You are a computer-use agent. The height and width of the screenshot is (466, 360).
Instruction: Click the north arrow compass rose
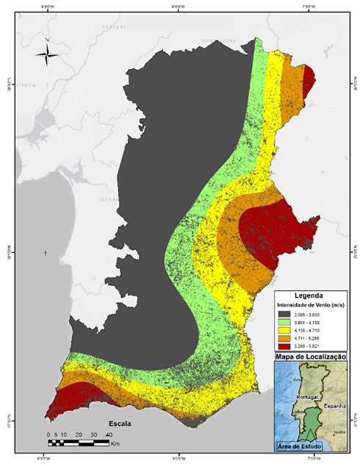(x=47, y=52)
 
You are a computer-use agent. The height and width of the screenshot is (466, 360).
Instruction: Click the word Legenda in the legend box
(x=308, y=295)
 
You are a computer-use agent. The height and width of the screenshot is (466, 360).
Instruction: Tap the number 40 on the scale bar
(x=108, y=434)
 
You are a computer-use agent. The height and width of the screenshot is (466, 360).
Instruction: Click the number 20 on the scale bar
(x=77, y=434)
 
